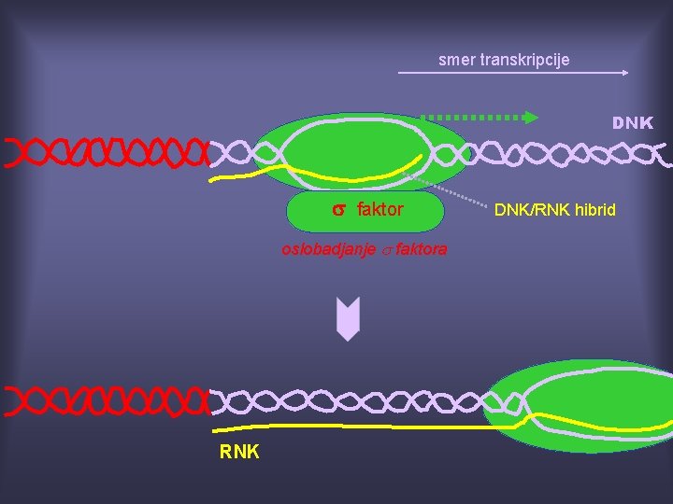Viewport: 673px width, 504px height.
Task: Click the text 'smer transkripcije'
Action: (x=504, y=60)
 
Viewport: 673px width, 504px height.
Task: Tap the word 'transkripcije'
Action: (x=524, y=60)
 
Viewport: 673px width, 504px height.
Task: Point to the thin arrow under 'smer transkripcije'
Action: (x=513, y=72)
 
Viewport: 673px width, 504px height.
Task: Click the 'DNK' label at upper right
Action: (x=632, y=123)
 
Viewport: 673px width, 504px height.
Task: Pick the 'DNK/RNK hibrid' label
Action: (x=554, y=210)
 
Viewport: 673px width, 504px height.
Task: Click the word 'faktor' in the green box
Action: (x=379, y=210)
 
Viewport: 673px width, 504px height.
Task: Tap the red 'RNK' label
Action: (x=239, y=453)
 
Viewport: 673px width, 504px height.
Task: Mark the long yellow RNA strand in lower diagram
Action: (x=355, y=427)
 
